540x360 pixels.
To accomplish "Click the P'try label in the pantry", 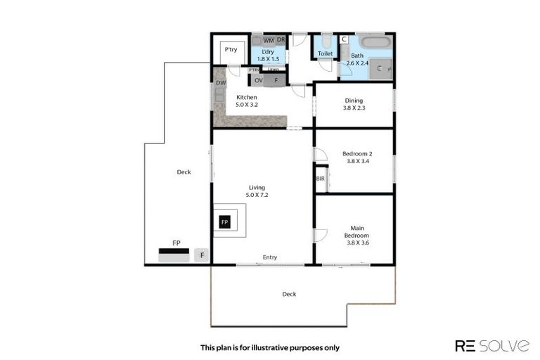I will click(x=229, y=51).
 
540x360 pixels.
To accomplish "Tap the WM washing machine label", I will click(x=268, y=40).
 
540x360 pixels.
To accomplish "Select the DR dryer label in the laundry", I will click(x=281, y=40).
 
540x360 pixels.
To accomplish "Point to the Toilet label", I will click(x=325, y=53).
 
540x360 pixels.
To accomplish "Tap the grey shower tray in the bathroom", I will click(x=380, y=68).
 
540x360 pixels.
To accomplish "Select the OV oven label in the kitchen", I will click(x=259, y=80).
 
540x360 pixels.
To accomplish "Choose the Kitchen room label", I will click(x=246, y=97).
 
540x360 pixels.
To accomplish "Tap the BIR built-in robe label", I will click(x=321, y=179).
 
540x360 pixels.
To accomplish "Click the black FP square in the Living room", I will click(x=225, y=222).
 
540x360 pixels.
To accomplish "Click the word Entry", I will click(x=270, y=257).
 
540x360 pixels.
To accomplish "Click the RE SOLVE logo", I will click(x=492, y=345).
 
